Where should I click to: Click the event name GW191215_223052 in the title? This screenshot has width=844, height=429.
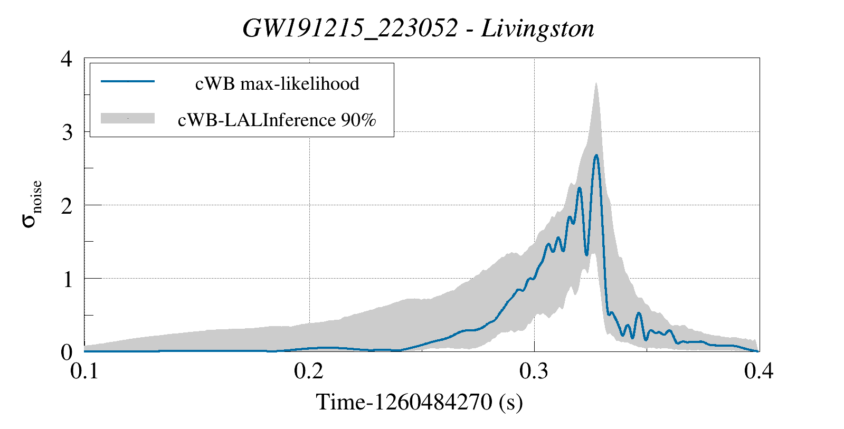click(x=349, y=28)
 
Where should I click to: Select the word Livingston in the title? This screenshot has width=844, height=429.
click(x=537, y=28)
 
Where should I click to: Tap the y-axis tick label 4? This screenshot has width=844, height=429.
click(x=67, y=59)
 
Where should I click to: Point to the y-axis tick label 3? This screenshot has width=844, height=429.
click(x=67, y=132)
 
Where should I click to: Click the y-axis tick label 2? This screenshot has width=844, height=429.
click(x=67, y=205)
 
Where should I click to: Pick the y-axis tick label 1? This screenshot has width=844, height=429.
click(x=67, y=279)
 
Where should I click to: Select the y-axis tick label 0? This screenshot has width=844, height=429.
click(x=67, y=352)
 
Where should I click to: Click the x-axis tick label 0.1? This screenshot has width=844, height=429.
click(x=84, y=371)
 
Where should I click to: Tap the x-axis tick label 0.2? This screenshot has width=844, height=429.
click(x=309, y=371)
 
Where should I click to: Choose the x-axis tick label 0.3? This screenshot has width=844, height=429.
click(x=534, y=371)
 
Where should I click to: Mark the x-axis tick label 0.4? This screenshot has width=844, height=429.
click(x=758, y=371)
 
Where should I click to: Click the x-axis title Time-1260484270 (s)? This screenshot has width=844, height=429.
click(x=419, y=402)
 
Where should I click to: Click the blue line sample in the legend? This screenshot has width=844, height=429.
click(x=128, y=81)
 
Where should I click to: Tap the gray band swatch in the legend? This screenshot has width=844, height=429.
click(x=128, y=118)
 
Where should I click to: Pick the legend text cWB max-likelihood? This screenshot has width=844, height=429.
click(x=277, y=83)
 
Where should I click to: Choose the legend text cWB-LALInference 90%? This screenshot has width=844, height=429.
click(x=277, y=120)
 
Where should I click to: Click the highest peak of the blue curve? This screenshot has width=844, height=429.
click(x=596, y=155)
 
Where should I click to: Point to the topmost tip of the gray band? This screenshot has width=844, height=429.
click(x=596, y=83)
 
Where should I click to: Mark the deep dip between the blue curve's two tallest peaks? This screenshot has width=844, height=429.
click(x=586, y=254)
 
